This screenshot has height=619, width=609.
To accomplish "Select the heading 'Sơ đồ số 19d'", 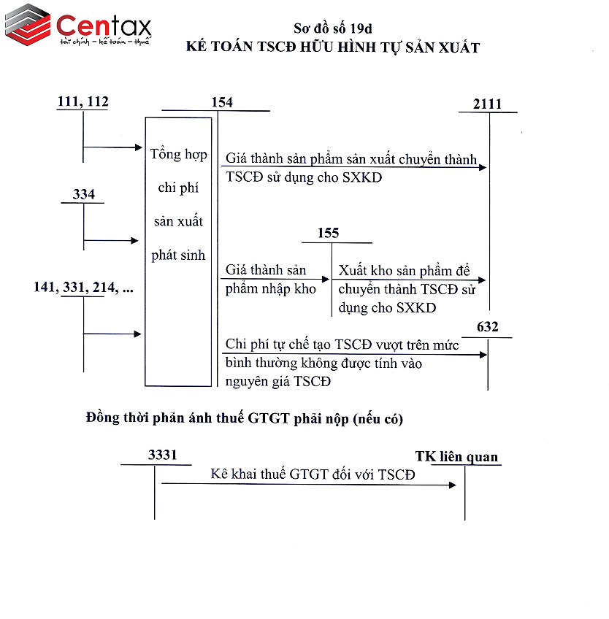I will coord(332,28).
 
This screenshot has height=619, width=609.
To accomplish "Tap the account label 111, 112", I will coord(83,102).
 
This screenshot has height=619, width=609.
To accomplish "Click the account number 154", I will coord(221,102).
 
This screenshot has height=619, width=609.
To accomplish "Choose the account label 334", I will coord(84,194).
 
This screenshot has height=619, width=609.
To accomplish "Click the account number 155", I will coord(329,233).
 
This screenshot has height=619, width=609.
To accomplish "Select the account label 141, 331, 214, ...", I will coord(83,287).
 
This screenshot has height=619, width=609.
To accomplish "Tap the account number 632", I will coord(487,327).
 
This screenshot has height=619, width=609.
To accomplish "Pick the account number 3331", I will coord(162,455).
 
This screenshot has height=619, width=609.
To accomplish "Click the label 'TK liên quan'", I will coord(456,457).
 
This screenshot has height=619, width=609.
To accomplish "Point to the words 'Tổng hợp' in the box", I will coord(178,155).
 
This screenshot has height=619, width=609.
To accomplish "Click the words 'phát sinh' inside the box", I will coord(178,255).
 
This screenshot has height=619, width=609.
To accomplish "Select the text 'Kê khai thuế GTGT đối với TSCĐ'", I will coord(313,474).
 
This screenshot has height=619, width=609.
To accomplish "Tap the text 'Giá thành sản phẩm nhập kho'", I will coord(271,279).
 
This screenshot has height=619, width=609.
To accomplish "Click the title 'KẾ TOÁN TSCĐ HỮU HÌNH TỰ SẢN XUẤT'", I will coord(333,48).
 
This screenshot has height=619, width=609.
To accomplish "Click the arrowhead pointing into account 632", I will coord(483,355).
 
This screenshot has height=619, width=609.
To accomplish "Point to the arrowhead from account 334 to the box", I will coord(134,240).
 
